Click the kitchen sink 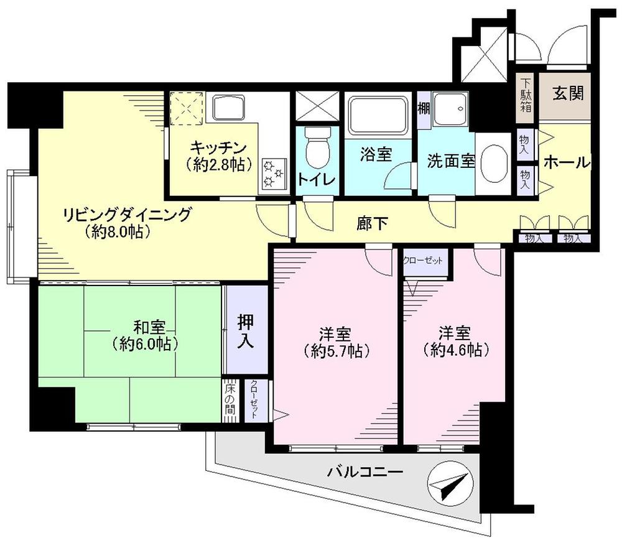tap(231, 108)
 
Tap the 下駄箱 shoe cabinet tap(526, 94)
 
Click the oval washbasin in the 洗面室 tap(496, 164)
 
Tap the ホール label tap(565, 162)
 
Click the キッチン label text tap(212, 148)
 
